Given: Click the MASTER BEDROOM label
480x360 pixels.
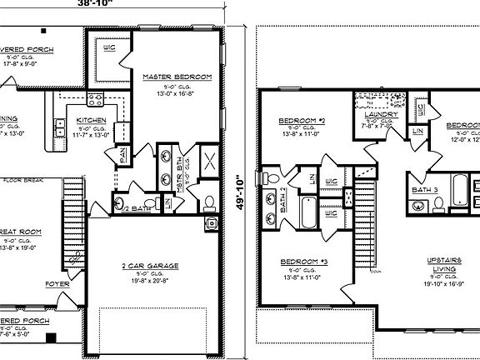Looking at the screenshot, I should (x=177, y=77).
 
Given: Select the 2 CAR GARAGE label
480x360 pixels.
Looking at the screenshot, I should (x=152, y=266).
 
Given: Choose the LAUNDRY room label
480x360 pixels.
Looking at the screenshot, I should (x=382, y=114).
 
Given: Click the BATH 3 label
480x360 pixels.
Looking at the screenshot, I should (x=425, y=190).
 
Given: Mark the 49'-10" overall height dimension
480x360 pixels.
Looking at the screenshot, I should (x=240, y=193).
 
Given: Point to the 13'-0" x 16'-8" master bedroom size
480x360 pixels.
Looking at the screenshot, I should (x=177, y=93).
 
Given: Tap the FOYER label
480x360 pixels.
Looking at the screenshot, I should (x=57, y=283).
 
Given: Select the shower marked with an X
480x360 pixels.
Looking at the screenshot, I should (x=210, y=162).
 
